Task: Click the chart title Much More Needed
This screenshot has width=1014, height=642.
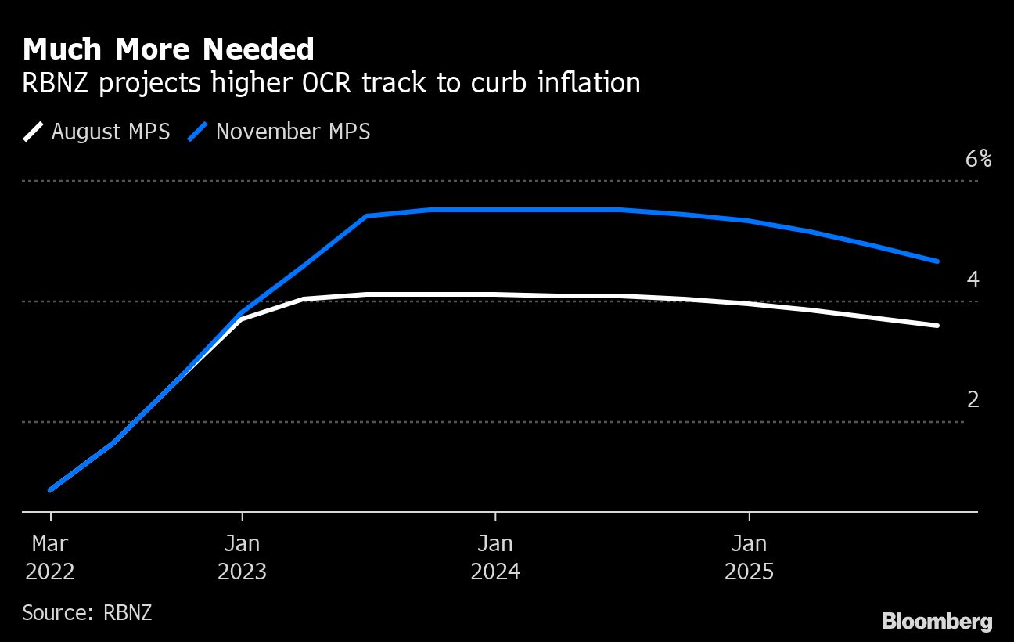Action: tap(168, 49)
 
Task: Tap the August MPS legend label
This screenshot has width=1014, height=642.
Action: tap(110, 132)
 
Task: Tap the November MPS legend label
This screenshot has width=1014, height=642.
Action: tap(293, 132)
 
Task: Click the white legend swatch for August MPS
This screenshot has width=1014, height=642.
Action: tap(34, 132)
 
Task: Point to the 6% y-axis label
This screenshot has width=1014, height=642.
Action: tap(978, 160)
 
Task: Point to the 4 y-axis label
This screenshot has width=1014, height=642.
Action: tap(973, 280)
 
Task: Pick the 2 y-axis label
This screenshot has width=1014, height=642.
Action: tap(973, 400)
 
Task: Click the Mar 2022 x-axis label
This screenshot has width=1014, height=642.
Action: tap(50, 557)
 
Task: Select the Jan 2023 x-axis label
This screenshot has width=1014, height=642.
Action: tap(242, 557)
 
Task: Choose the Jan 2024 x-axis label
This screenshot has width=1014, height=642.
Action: tap(495, 557)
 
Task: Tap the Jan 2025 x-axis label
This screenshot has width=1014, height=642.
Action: tap(750, 557)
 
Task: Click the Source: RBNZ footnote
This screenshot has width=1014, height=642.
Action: tap(87, 612)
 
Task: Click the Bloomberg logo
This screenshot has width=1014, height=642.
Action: tap(937, 622)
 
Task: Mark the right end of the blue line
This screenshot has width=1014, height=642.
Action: tap(937, 261)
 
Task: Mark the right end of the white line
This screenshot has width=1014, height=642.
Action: tap(937, 326)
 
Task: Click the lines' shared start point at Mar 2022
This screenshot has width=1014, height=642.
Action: tap(51, 490)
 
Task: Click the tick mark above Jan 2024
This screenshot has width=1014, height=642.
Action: tap(495, 516)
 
